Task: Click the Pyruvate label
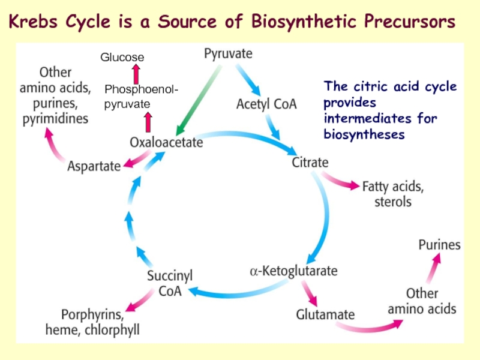[x=228, y=54]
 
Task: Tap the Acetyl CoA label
[x=266, y=104]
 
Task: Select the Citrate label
[x=310, y=162]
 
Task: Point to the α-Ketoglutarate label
[x=293, y=271]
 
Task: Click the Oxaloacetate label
[x=166, y=142]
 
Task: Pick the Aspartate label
[x=94, y=167]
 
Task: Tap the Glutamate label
[x=325, y=314]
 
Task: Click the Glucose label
[x=122, y=57]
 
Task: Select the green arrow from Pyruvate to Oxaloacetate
[x=199, y=100]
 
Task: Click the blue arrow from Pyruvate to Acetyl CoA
[x=248, y=80]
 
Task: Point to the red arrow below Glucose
[x=136, y=74]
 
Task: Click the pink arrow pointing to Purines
[x=433, y=268]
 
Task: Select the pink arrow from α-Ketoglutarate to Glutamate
[x=309, y=293]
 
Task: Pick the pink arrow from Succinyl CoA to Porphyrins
[x=140, y=300]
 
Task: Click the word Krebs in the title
[x=33, y=22]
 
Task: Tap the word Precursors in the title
[x=410, y=22]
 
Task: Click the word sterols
[x=393, y=202]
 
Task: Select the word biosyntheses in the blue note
[x=364, y=134]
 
